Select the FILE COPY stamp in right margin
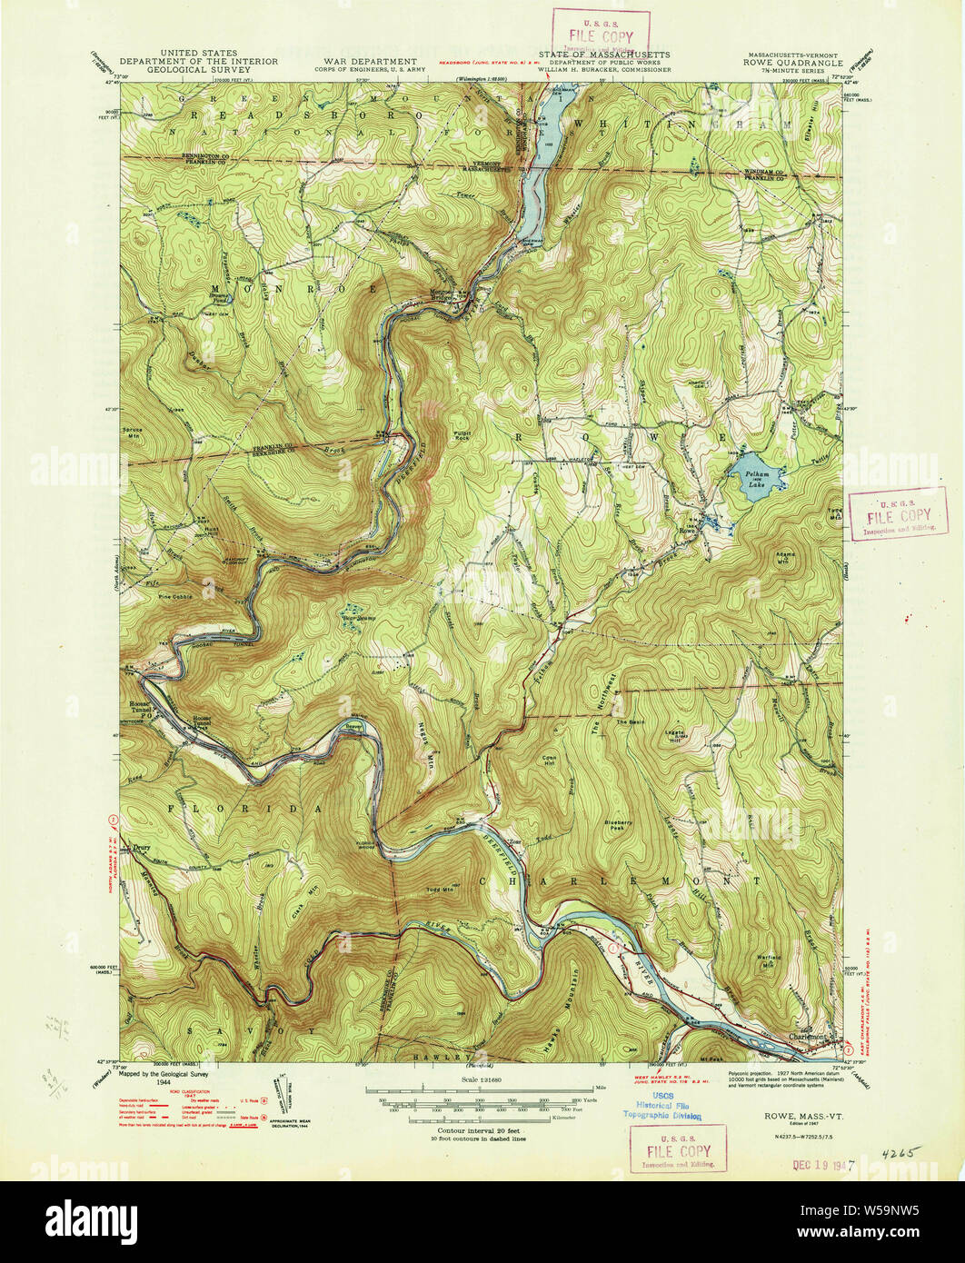click(895, 513)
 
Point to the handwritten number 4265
click(900, 1152)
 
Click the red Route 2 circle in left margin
click(112, 820)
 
